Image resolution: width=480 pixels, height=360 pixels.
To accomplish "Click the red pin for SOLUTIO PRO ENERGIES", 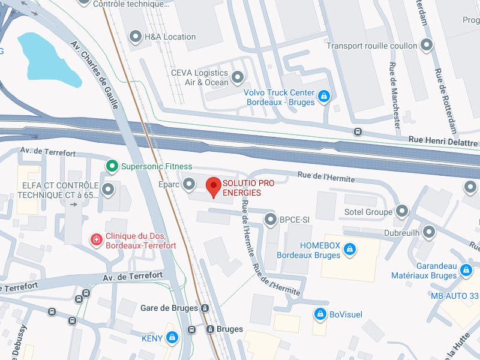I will point(213,187).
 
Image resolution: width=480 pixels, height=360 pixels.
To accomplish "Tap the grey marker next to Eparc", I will point(189,184).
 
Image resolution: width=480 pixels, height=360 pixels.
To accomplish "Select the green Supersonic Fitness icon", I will point(111,166).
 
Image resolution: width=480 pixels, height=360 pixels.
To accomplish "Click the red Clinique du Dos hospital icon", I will point(95,240).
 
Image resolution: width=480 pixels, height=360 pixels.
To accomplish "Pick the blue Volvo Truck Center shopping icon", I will point(324,96).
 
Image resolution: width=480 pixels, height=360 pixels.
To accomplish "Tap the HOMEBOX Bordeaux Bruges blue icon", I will point(350,249).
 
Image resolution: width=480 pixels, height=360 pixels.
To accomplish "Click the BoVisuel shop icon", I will point(320,314).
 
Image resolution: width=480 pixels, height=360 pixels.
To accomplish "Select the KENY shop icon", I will point(172,338).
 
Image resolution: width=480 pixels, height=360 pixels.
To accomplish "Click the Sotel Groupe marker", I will point(402,211).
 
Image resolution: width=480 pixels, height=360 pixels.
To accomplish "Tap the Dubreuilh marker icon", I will point(428,232).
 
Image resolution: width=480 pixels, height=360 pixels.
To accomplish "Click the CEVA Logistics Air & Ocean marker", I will point(238,77).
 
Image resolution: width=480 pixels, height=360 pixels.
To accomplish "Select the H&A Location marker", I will point(136,37).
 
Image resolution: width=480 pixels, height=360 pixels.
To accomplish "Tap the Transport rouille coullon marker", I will point(427,45).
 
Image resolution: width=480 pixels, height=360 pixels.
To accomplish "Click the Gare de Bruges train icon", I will point(205,308).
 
